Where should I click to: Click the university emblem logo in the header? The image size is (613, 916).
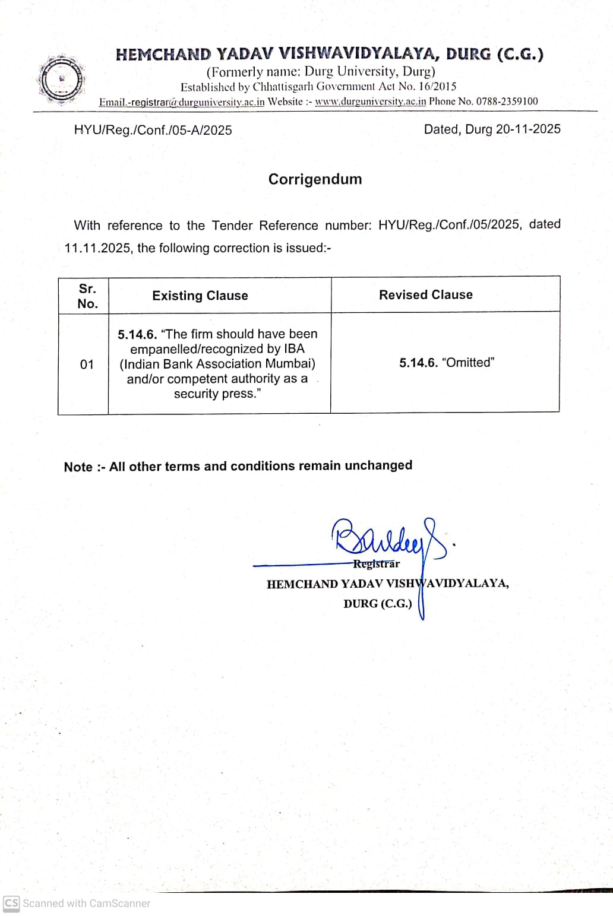coord(61,80)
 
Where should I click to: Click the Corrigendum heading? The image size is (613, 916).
coord(315,179)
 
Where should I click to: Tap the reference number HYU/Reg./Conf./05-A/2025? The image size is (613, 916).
coord(153,131)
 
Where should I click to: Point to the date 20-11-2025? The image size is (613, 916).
coord(528,129)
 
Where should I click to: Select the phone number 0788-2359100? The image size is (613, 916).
coord(507,102)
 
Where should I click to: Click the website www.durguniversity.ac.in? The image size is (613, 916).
coord(370,102)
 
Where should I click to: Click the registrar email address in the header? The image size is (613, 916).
coord(181,102)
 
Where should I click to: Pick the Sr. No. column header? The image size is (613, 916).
coord(87,296)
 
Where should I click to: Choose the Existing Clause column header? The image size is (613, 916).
coord(200,296)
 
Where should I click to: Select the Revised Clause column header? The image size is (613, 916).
coord(425,295)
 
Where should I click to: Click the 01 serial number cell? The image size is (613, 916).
coord(87,365)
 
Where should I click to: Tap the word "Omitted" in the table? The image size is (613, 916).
coord(469,363)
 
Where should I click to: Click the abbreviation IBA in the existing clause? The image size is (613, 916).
coord(294,349)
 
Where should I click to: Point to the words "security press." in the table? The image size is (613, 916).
coord(217,394)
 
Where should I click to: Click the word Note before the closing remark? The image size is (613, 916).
coord(78,467)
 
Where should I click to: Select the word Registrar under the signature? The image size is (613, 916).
coord(377,564)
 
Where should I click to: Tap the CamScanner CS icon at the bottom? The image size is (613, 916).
coord(11,903)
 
